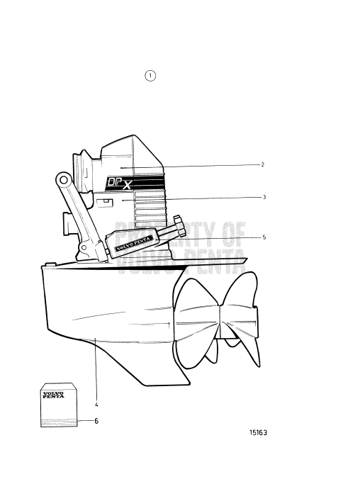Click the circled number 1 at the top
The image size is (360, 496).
pos(150,75)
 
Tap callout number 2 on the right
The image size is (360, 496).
pos(262,164)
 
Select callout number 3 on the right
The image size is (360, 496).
pos(264,197)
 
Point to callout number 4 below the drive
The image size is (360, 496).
pos(96,405)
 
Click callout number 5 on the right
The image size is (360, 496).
pos(264,237)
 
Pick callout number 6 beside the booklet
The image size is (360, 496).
pos(96,421)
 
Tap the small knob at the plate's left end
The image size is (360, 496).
pos(47,266)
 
